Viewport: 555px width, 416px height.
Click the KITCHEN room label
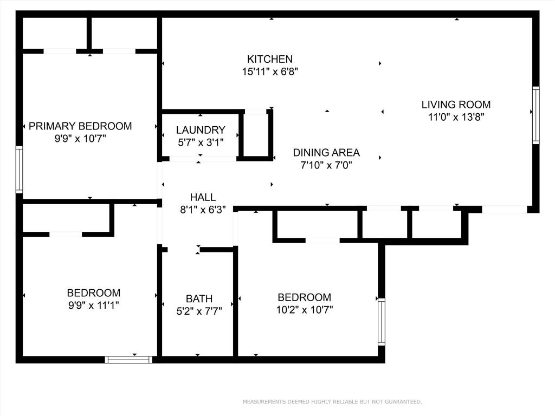tap(270, 59)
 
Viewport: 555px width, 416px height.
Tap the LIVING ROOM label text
tap(456, 105)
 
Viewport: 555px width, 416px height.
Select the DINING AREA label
tap(326, 153)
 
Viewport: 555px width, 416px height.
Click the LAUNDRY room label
tap(201, 130)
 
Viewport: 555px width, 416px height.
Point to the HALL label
tap(203, 197)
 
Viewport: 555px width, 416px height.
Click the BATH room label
tap(199, 298)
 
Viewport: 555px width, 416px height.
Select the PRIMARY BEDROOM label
tap(80, 126)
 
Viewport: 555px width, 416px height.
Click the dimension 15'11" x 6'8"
tap(270, 71)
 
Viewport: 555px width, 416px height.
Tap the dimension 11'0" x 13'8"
tap(456, 117)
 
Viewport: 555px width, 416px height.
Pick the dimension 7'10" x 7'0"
tap(326, 165)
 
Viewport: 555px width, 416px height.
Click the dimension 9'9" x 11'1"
tap(93, 305)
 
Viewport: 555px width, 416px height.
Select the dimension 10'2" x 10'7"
tap(304, 310)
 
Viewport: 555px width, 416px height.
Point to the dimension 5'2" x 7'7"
tap(199, 311)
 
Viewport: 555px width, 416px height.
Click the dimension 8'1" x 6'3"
tap(203, 209)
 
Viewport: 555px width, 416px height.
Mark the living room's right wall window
tap(535, 115)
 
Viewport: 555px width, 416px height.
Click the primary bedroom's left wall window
tap(19, 170)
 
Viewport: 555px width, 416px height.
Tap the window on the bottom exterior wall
tap(128, 359)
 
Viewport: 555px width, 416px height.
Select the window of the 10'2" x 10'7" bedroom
tap(381, 322)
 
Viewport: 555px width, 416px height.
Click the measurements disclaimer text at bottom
tap(332, 402)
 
